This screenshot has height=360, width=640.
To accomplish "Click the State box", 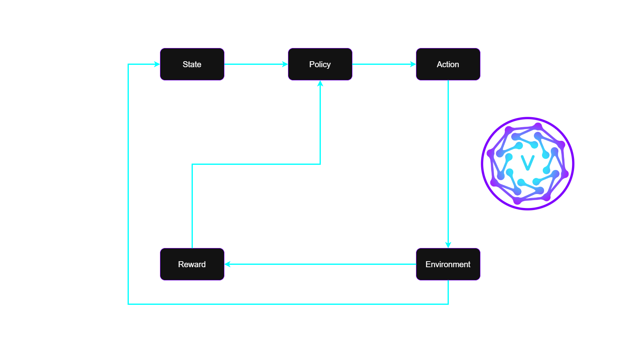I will point(192,64).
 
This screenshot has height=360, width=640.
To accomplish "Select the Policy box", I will point(320,64).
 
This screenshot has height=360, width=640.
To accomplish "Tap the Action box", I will point(448,64).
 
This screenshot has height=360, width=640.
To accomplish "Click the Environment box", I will point(448,264).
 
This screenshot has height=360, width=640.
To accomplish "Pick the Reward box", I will point(192,264).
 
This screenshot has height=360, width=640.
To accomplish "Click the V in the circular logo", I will point(528,162).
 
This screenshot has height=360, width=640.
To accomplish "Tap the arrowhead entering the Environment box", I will point(448,245).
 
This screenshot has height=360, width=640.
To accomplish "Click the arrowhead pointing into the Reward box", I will point(228,264).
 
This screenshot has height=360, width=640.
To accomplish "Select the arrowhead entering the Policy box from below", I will point(320,84).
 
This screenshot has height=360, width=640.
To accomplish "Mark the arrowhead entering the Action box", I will point(413,64).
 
